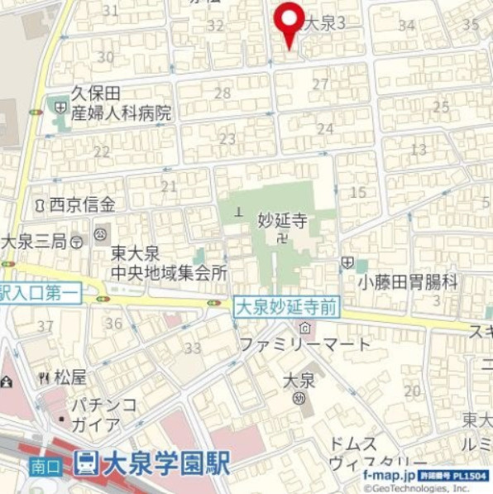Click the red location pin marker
pyautogui.click(x=289, y=22)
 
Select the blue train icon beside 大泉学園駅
pyautogui.click(x=85, y=463)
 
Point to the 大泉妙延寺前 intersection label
pyautogui.click(x=286, y=307)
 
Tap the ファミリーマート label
pyautogui.click(x=305, y=343)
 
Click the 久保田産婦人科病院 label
pyautogui.click(x=119, y=103)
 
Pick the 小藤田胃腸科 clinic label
pyautogui.click(x=408, y=282)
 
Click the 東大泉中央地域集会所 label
pyautogui.click(x=170, y=262)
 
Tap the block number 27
pyautogui.click(x=320, y=84)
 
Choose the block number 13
pyautogui.click(x=419, y=150)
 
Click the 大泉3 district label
pyautogui.click(x=324, y=25)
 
